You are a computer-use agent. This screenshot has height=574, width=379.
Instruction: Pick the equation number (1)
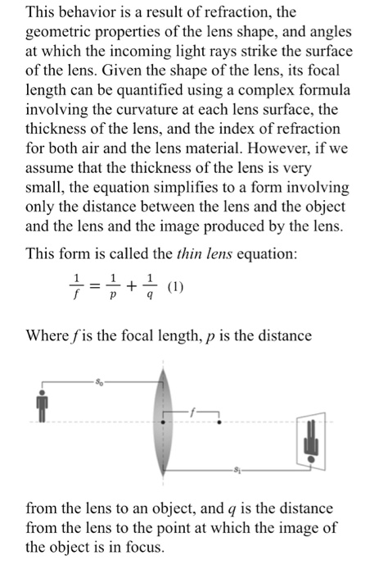(x=176, y=287)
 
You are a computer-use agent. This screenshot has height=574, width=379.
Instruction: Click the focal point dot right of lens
(x=220, y=421)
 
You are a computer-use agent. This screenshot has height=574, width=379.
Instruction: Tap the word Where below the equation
(x=49, y=335)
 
